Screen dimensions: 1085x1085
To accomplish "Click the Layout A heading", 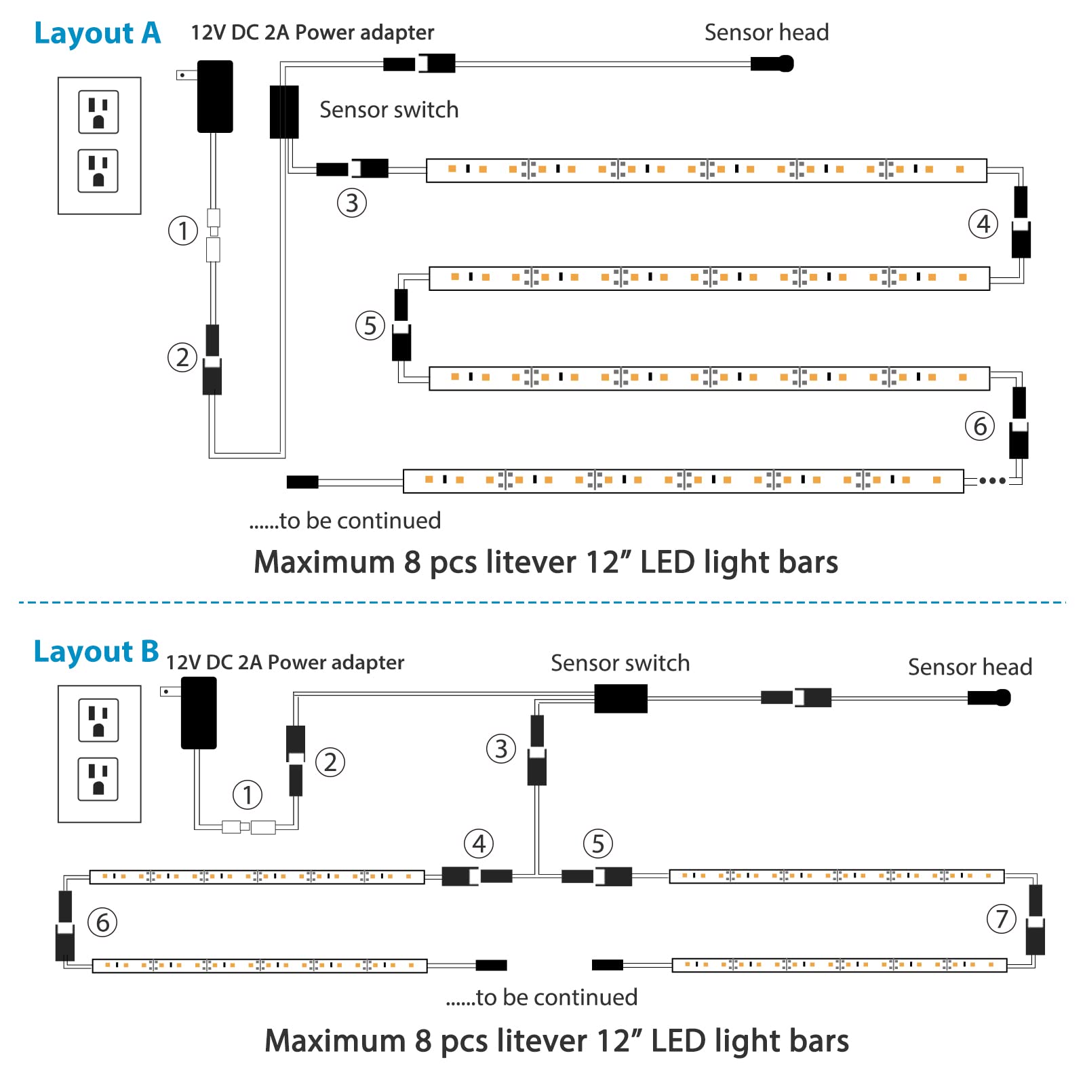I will tap(97, 33).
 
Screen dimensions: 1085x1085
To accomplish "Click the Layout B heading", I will tap(96, 652).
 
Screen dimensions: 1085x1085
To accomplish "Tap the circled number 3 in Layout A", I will tap(352, 203).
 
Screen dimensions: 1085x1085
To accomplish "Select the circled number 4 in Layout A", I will tap(983, 224).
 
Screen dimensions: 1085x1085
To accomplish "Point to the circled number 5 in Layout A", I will tap(370, 325).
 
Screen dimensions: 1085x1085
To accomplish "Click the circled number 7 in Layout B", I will tap(1002, 920).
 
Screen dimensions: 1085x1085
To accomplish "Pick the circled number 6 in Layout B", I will tap(103, 922).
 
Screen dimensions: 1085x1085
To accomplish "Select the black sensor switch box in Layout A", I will tap(284, 112).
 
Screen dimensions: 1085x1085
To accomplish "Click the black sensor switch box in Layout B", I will tap(620, 698).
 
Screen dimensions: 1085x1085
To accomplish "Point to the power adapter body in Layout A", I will tap(215, 96).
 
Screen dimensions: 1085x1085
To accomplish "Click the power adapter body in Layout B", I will tap(199, 713).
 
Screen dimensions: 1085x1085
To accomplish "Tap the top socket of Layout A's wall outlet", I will tap(99, 112).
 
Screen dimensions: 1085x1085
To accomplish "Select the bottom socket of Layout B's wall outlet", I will tap(99, 779).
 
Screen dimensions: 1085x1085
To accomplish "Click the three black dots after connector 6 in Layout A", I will tap(992, 481).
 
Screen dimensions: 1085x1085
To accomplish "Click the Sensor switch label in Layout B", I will tap(620, 663).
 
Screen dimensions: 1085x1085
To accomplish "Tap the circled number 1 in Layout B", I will tap(248, 795).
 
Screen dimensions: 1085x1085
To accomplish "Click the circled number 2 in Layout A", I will tap(182, 357).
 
